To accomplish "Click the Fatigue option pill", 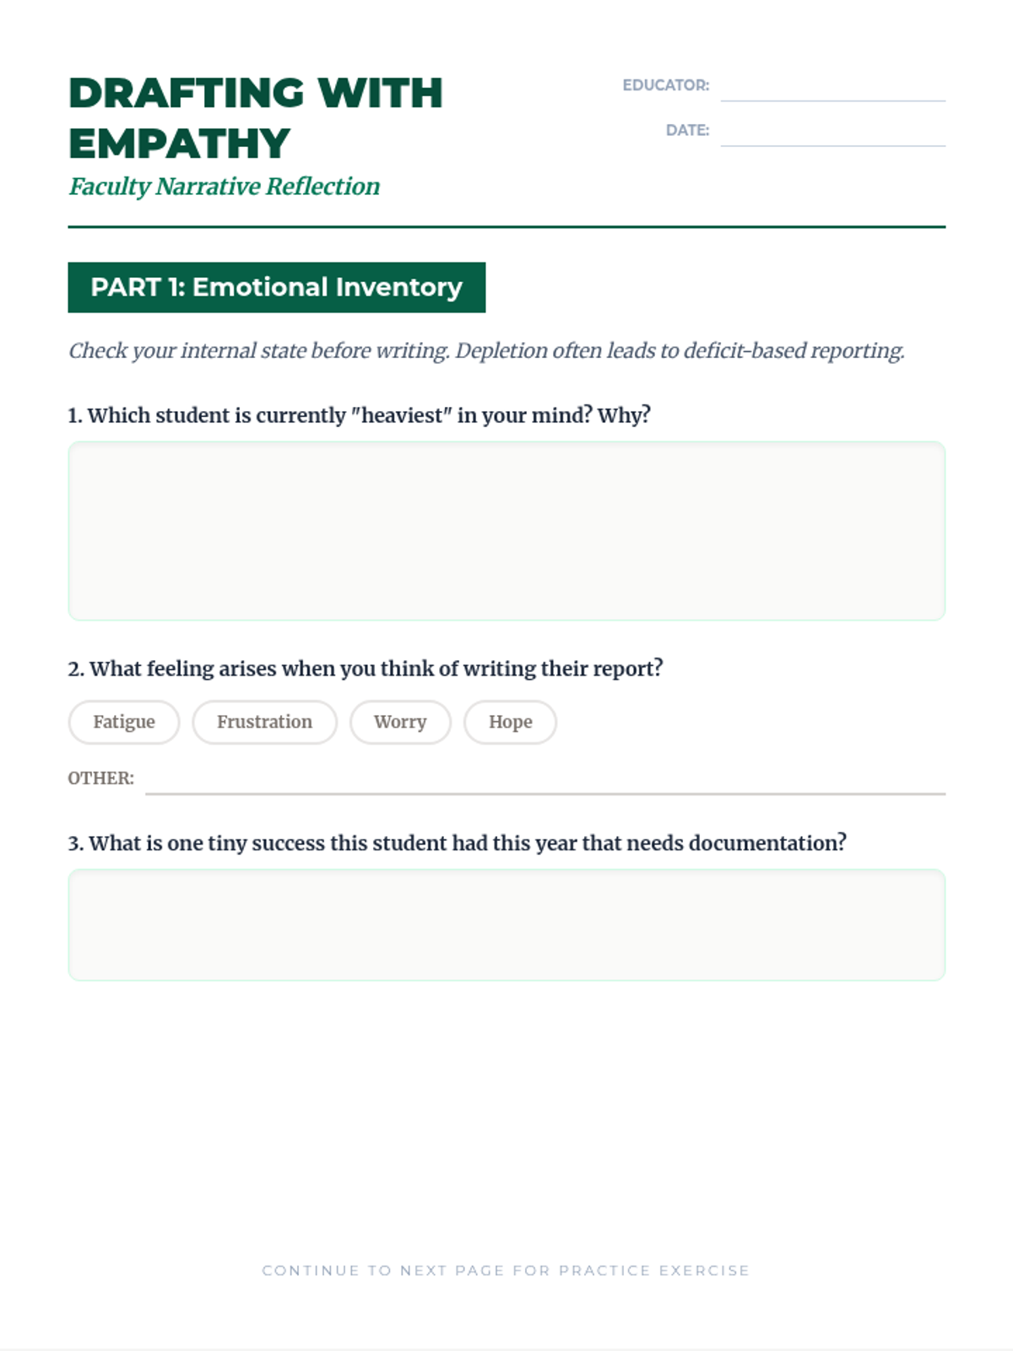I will point(124,722).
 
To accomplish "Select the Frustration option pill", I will point(264,722).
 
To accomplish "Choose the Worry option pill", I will point(400,722).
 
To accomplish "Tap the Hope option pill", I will point(510,722).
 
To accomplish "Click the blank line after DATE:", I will point(832,134).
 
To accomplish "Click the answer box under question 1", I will point(506,531).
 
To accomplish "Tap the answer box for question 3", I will point(506,925).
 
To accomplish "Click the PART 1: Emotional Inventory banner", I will point(276,287).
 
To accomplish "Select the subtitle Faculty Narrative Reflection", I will point(224,186).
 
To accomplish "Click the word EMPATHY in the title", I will point(179,144).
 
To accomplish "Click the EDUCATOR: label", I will point(665,85).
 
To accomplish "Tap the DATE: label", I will point(687,130).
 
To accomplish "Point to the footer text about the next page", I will point(506,1270).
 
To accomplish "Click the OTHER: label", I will point(100,778).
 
